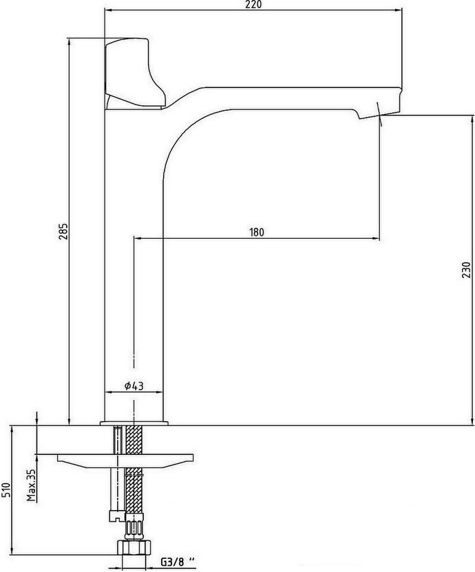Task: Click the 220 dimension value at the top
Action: (x=253, y=4)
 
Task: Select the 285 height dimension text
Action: (x=63, y=231)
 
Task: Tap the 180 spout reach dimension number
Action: (x=257, y=232)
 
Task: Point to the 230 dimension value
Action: (x=467, y=270)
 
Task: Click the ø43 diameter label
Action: (x=134, y=385)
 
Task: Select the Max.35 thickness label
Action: (x=32, y=485)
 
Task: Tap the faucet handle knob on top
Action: (x=134, y=73)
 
